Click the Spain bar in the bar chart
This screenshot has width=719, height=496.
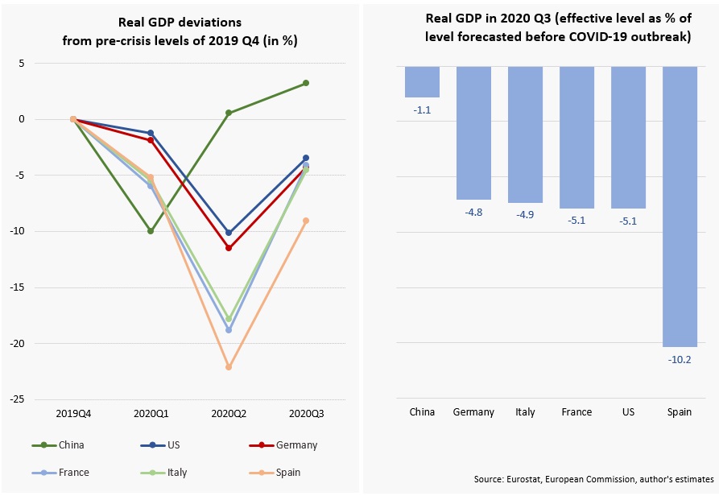[680, 206]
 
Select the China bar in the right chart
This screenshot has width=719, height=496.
[422, 81]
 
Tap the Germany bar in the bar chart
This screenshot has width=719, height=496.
[473, 133]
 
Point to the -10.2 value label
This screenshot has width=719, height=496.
[680, 359]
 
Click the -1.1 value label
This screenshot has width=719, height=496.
[422, 110]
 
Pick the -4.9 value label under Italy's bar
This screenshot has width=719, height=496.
[525, 215]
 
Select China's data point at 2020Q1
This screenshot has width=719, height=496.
[150, 231]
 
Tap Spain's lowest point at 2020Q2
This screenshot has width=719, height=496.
[228, 367]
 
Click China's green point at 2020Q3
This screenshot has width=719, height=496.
[306, 83]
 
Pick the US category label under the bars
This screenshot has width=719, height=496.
[628, 412]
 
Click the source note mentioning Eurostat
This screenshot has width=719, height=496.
[594, 479]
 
